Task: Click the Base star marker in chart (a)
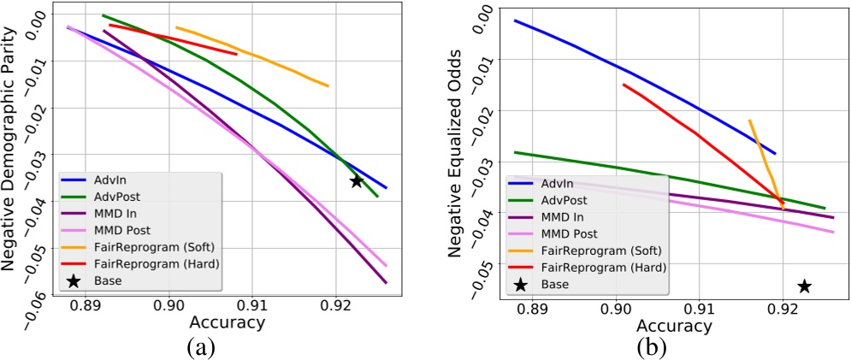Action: pyautogui.click(x=357, y=181)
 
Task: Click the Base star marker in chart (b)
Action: pyautogui.click(x=804, y=286)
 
